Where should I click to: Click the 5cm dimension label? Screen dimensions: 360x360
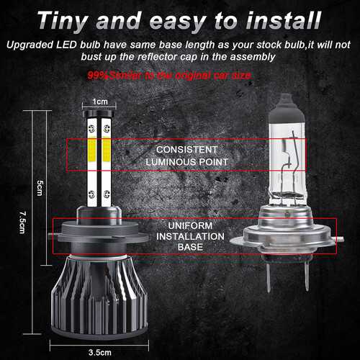click(40, 185)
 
